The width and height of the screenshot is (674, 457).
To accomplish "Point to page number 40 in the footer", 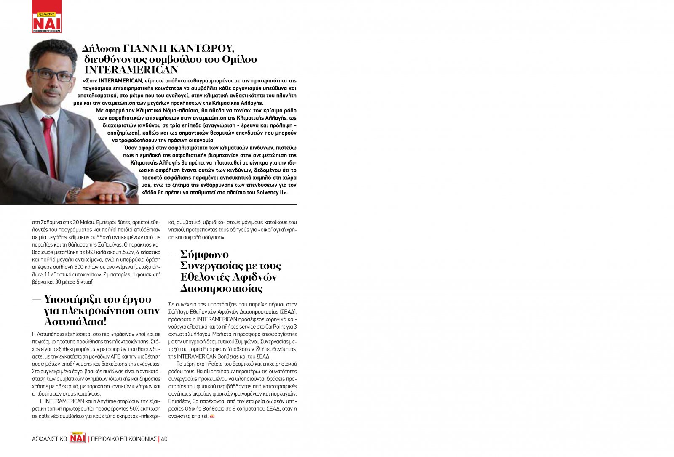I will tap(164, 439).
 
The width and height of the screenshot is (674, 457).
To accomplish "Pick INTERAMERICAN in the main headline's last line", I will tap(131, 70).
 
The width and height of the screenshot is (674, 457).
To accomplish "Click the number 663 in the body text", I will tap(91, 252).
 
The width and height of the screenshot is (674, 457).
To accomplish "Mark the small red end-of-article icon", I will tap(212, 416).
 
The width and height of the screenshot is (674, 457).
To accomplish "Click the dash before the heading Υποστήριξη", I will tap(37, 300).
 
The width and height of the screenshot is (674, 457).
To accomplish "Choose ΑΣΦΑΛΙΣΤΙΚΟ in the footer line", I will tap(50, 439).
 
